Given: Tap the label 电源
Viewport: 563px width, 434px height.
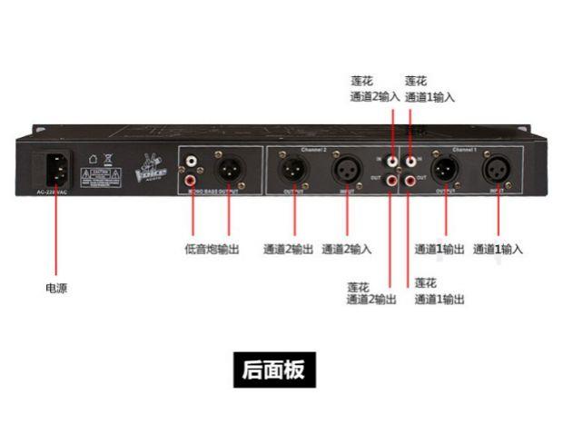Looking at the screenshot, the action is tap(56, 288).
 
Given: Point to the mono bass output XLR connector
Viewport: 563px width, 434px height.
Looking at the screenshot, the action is tap(228, 168).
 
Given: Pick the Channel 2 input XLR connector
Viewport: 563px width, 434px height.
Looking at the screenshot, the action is tap(346, 170).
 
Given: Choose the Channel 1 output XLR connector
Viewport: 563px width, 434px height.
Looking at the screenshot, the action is tap(445, 170).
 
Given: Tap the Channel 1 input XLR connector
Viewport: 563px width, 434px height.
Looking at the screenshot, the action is tap(498, 170).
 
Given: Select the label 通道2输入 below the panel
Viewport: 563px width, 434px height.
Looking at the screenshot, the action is tap(347, 248).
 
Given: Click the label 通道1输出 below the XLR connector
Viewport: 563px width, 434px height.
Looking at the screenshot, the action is tap(442, 248).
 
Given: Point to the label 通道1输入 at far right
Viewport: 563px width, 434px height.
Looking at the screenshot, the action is tap(498, 248).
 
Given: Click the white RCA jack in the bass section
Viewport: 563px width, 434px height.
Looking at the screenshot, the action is tap(193, 163).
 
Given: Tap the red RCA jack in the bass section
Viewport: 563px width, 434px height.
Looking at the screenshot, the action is tap(193, 179).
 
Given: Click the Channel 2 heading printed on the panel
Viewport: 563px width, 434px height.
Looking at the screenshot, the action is tap(297, 148).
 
